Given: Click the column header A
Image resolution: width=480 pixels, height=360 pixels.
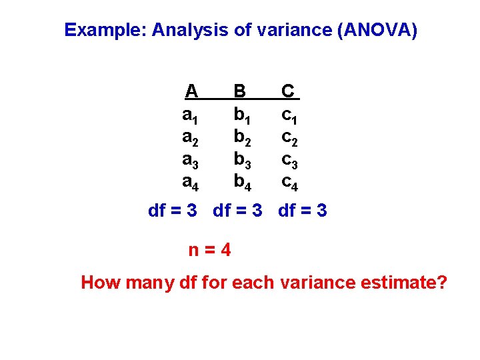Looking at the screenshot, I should [191, 91].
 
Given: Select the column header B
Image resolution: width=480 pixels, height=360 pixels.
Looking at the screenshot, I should [240, 91].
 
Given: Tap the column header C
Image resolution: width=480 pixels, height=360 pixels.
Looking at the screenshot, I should [289, 91].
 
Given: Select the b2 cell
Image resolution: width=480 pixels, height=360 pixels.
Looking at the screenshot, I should [241, 137].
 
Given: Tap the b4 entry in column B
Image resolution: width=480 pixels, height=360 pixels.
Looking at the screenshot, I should [241, 181].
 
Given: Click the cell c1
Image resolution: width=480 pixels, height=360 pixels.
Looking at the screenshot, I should [289, 115].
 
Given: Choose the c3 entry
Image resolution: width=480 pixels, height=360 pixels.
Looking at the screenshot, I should [289, 160].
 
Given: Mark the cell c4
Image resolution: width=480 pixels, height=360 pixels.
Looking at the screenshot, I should [289, 181].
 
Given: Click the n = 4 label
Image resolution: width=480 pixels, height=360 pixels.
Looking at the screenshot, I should [210, 250].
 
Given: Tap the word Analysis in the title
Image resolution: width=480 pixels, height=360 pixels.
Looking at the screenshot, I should [190, 30].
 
